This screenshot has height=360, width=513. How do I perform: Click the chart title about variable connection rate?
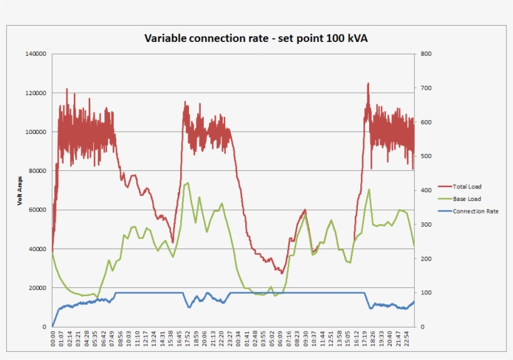click(256, 39)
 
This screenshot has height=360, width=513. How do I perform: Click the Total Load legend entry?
click(467, 187)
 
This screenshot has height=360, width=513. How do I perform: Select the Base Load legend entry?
click(466, 198)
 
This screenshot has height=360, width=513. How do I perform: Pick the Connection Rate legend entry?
click(475, 211)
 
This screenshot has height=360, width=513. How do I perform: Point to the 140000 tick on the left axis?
click(36, 54)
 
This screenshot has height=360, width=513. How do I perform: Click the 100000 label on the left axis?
click(36, 132)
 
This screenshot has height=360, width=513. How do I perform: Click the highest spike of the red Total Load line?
click(368, 83)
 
